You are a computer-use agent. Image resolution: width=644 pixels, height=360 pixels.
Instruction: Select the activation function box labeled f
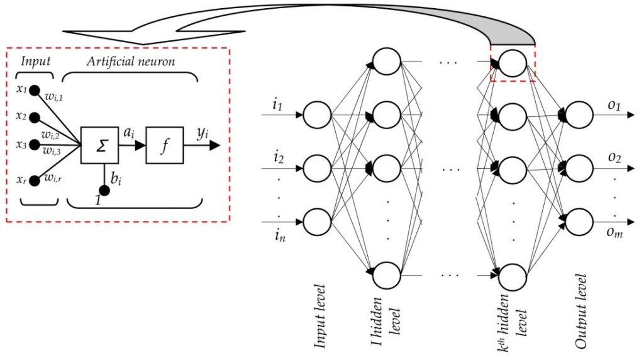coord(164,145)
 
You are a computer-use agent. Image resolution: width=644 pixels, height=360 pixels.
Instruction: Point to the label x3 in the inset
coord(19,144)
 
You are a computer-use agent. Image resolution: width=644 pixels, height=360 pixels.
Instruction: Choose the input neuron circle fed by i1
coord(317,115)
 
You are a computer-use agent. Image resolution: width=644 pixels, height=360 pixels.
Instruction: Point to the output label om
coord(614,233)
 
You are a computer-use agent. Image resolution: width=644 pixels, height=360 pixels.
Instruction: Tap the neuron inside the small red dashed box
coord(513,63)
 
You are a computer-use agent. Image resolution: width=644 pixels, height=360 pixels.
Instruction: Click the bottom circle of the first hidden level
coord(386,274)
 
